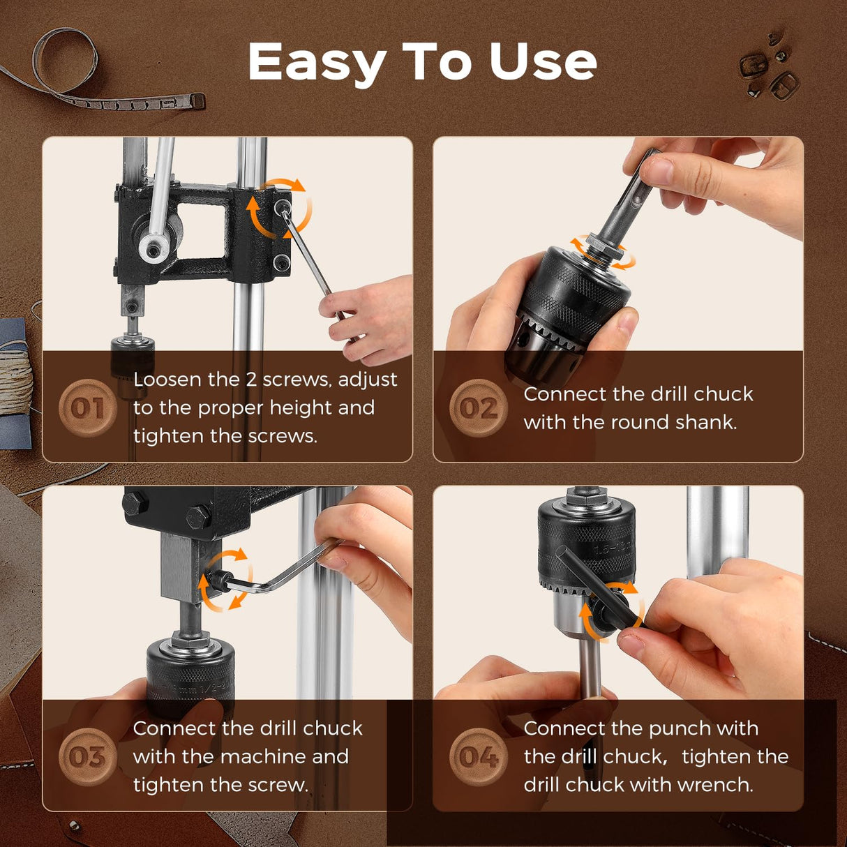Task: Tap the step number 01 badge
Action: (87, 408)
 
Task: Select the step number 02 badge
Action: (478, 408)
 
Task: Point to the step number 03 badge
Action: (87, 757)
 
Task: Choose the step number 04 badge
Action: (478, 757)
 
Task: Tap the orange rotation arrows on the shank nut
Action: (603, 252)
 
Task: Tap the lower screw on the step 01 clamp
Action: (281, 262)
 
